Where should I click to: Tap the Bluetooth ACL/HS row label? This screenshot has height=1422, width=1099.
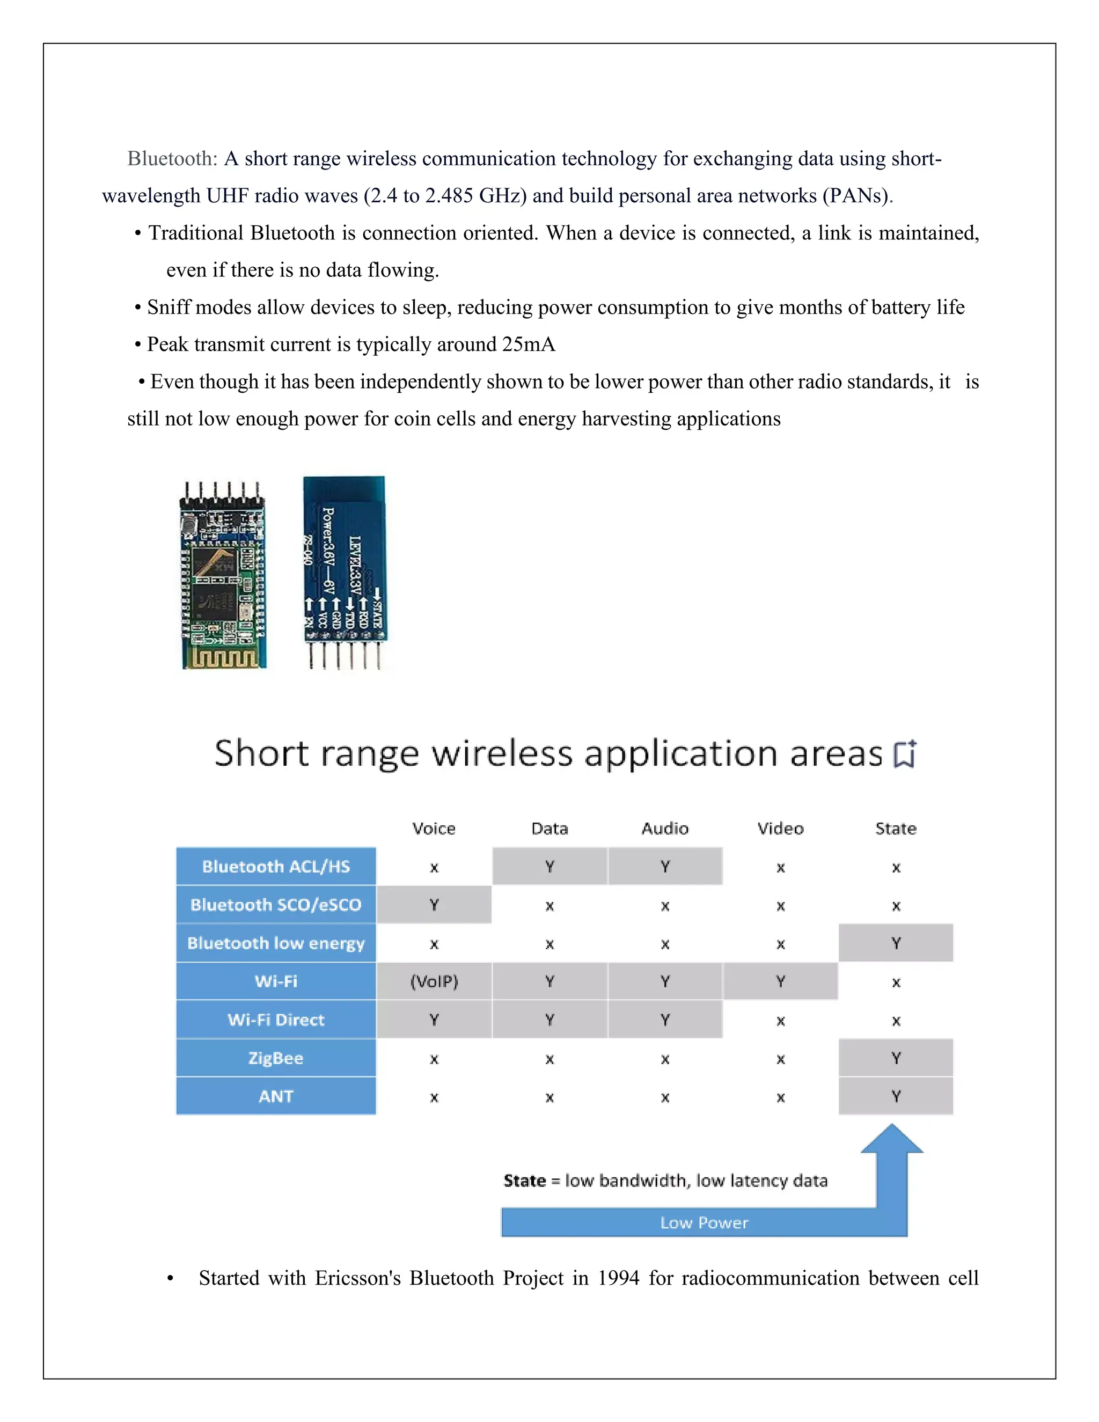(276, 867)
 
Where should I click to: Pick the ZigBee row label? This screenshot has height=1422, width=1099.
(276, 1058)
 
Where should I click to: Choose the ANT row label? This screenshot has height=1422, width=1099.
(276, 1096)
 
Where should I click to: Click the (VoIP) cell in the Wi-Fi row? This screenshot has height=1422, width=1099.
(434, 981)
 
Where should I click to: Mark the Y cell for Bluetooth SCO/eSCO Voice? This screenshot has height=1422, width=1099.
(434, 905)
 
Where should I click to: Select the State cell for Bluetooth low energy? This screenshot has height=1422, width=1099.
(896, 943)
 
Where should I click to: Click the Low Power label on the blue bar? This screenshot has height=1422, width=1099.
(704, 1223)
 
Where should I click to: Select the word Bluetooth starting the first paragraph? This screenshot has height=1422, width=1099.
(172, 159)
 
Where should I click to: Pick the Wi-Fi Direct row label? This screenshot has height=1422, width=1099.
(276, 1020)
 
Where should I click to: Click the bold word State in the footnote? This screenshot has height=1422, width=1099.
(525, 1181)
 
